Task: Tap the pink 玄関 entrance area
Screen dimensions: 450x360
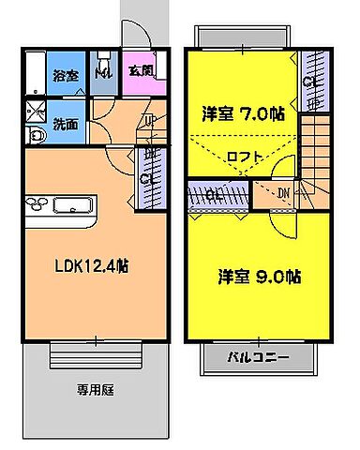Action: click(x=142, y=71)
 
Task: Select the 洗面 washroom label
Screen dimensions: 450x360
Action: click(x=66, y=123)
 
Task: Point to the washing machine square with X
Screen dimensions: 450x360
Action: click(x=37, y=111)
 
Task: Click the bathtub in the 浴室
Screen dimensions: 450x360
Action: click(x=35, y=73)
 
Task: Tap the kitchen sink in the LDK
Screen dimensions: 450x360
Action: click(x=72, y=206)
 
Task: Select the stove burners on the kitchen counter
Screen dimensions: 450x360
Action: click(x=36, y=205)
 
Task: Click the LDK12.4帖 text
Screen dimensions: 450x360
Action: click(x=89, y=265)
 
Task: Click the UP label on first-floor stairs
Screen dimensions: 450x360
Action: click(x=151, y=120)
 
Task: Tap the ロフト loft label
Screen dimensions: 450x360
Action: click(x=246, y=157)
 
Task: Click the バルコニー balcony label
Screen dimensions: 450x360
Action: click(x=259, y=358)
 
